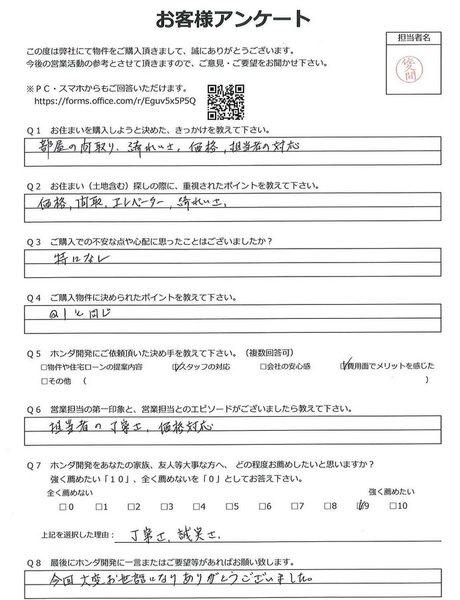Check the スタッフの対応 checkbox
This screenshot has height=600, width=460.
[x=176, y=366]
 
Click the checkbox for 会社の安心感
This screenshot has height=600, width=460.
[x=263, y=366]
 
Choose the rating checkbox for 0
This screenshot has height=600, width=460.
[x=62, y=507]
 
